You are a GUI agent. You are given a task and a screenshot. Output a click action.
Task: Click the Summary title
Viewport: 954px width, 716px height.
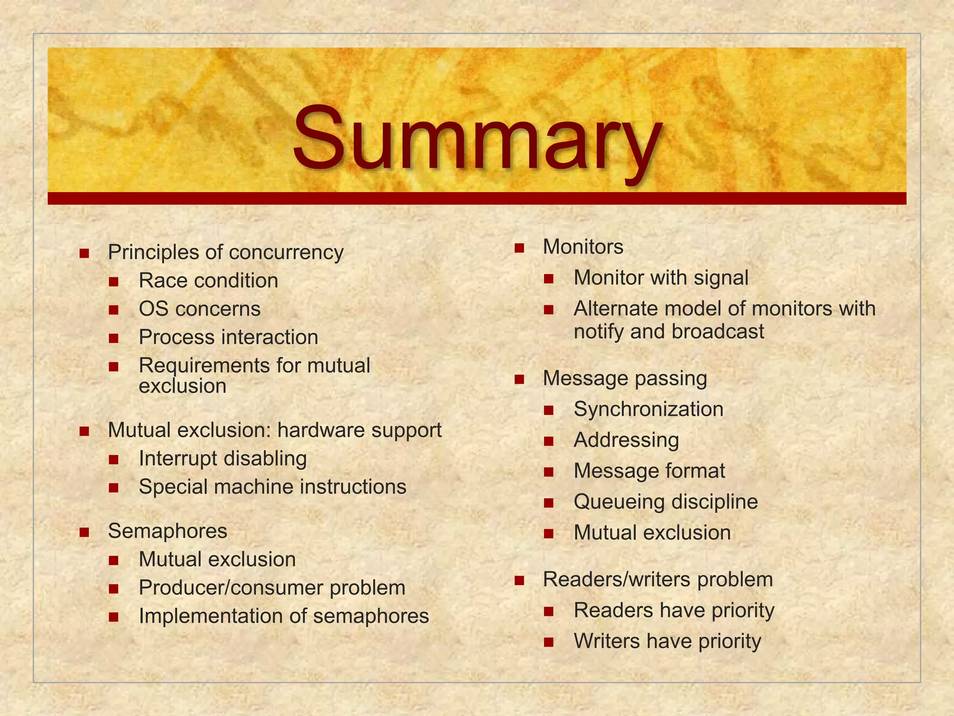click(x=477, y=139)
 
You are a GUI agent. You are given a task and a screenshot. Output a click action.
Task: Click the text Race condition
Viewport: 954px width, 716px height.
click(x=208, y=281)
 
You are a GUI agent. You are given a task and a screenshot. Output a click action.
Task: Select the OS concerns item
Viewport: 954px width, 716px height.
click(x=199, y=309)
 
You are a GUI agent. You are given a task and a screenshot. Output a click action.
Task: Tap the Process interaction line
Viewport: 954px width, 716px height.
click(x=228, y=337)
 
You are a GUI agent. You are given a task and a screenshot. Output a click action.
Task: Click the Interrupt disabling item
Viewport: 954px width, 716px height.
click(x=223, y=459)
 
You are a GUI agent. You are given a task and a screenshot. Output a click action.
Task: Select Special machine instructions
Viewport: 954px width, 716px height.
click(x=273, y=487)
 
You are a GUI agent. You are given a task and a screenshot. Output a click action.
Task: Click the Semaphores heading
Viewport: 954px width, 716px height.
click(x=167, y=531)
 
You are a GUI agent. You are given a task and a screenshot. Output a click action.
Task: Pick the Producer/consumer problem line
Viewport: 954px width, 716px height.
click(x=272, y=588)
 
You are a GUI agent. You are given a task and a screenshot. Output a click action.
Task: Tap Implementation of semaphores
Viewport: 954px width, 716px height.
click(x=284, y=616)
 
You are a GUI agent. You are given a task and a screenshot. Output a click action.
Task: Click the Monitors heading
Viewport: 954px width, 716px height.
click(x=583, y=247)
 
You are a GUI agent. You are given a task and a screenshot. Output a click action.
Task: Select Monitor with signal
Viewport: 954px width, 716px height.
click(x=661, y=278)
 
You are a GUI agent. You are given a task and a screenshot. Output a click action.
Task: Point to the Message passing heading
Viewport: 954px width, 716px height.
click(x=625, y=379)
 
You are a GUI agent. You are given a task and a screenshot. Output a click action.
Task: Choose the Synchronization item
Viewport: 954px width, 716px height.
click(x=648, y=409)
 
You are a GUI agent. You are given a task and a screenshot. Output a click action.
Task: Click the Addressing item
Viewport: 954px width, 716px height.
click(x=626, y=440)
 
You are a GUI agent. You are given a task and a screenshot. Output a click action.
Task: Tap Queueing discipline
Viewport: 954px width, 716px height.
click(x=666, y=502)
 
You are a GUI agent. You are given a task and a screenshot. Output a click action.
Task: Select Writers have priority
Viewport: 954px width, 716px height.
click(x=667, y=641)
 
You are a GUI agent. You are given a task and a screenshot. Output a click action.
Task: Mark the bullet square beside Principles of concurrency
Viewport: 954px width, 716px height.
click(x=84, y=254)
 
